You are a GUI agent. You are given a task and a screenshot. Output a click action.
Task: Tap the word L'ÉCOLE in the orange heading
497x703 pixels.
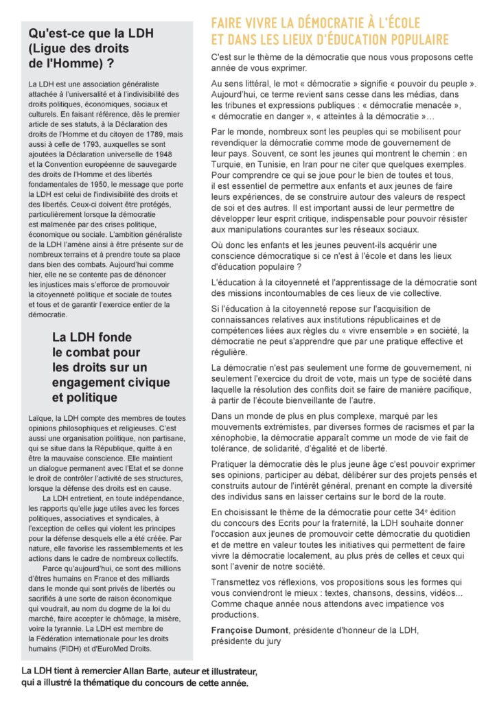pos(399,23)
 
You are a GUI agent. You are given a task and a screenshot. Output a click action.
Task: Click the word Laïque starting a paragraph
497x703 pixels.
pos(40,418)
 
